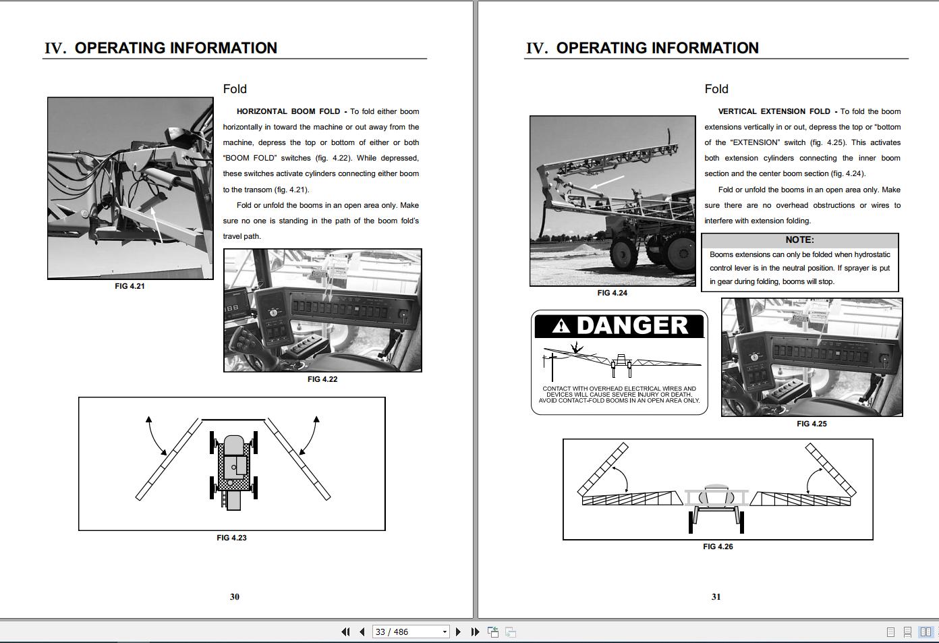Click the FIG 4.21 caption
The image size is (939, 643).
[x=130, y=286]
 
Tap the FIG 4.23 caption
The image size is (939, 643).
[x=231, y=538]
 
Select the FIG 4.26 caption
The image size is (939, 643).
[x=717, y=547]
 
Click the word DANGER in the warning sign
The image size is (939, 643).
[x=632, y=326]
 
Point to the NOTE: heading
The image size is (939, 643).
[x=799, y=240]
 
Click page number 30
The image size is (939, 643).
[x=234, y=596]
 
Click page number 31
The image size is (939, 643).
[x=716, y=596]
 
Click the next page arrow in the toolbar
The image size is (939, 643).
[x=458, y=632]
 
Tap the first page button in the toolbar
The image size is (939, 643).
[x=345, y=632]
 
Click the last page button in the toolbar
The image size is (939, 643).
[x=475, y=632]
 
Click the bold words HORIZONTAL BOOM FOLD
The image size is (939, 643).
[x=288, y=111]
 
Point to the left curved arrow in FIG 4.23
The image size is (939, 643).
[x=156, y=437]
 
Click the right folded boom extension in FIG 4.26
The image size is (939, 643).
[x=830, y=470]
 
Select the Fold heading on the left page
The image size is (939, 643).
[x=235, y=89]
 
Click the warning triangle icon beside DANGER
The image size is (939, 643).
[x=560, y=327]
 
